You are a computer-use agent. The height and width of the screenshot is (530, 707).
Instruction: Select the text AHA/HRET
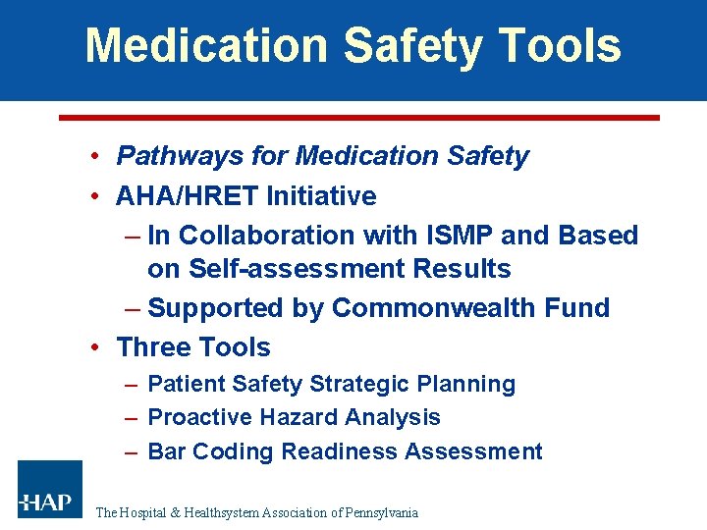point(188,196)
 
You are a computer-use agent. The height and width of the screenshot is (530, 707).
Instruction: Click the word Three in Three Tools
point(149,347)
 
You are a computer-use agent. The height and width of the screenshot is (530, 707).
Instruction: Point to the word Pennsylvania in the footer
point(382,512)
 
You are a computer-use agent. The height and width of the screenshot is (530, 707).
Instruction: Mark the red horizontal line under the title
point(358,118)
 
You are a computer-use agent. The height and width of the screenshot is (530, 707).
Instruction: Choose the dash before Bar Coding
point(132,451)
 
